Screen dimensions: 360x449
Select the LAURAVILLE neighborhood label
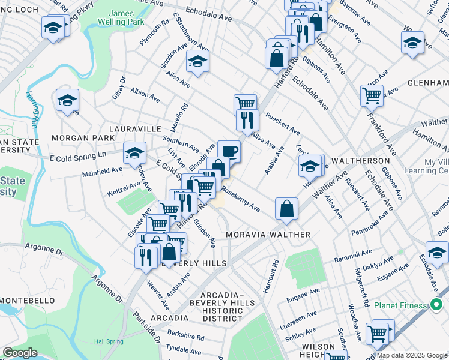(135, 128)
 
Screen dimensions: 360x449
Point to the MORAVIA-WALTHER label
(268, 234)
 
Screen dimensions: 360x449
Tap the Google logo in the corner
(19, 353)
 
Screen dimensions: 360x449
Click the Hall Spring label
(109, 341)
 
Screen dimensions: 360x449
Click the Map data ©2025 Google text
(412, 355)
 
